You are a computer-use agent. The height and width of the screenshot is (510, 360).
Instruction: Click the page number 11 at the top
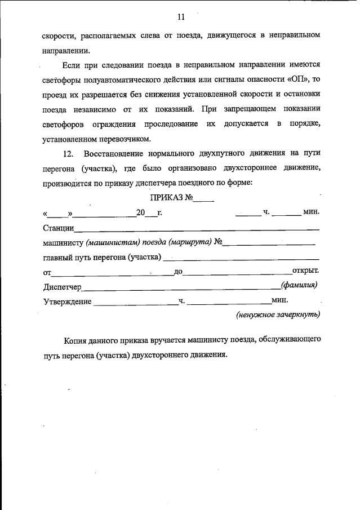tap(180, 17)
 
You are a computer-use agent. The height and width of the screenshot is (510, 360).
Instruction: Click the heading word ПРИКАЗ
tap(167, 198)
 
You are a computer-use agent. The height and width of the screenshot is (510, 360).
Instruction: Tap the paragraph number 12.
tap(67, 154)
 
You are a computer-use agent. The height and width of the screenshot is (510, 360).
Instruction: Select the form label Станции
tap(58, 228)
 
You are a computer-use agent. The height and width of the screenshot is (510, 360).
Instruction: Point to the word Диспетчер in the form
tap(63, 287)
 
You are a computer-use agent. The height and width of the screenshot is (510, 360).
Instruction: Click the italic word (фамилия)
tap(299, 285)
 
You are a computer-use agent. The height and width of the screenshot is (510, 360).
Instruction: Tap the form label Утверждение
tap(68, 301)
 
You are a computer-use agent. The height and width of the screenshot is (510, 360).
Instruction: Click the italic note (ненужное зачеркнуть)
tap(278, 314)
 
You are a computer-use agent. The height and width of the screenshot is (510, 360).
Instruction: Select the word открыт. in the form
tap(305, 271)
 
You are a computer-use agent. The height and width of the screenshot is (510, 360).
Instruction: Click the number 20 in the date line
tap(140, 212)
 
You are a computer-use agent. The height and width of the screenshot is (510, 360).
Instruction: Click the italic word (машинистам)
tap(112, 242)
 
